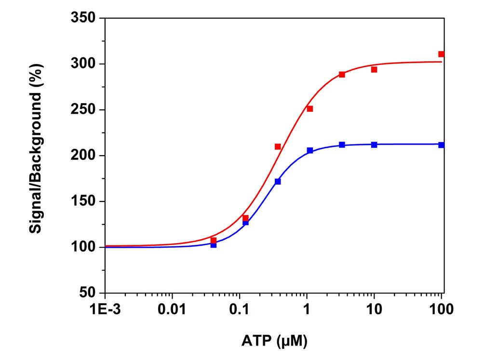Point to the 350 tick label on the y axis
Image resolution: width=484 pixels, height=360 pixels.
tap(83, 19)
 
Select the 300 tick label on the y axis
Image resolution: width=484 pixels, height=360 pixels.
tap(83, 64)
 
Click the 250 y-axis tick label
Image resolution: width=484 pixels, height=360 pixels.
tap(83, 110)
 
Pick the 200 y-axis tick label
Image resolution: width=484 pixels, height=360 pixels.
tap(83, 156)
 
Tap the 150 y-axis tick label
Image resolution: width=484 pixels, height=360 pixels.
tap(83, 201)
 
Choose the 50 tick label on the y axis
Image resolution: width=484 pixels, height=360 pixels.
tap(87, 293)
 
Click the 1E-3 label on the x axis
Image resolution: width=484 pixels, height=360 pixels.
tap(105, 309)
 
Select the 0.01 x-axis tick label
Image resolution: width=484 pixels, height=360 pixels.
tap(172, 309)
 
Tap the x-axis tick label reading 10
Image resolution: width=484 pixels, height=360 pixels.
tap(374, 309)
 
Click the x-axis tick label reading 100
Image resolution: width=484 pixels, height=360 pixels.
tap(441, 309)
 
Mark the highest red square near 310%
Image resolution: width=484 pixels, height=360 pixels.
tap(441, 54)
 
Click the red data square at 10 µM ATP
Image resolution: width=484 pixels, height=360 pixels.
tap(374, 69)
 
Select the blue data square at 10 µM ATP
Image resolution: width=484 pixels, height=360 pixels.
tap(374, 145)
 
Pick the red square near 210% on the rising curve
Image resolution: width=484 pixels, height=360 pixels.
tap(278, 147)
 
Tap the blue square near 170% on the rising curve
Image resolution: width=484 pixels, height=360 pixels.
tap(278, 182)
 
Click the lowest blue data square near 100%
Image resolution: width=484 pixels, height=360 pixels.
tap(214, 245)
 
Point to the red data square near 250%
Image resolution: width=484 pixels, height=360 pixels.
tap(310, 109)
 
